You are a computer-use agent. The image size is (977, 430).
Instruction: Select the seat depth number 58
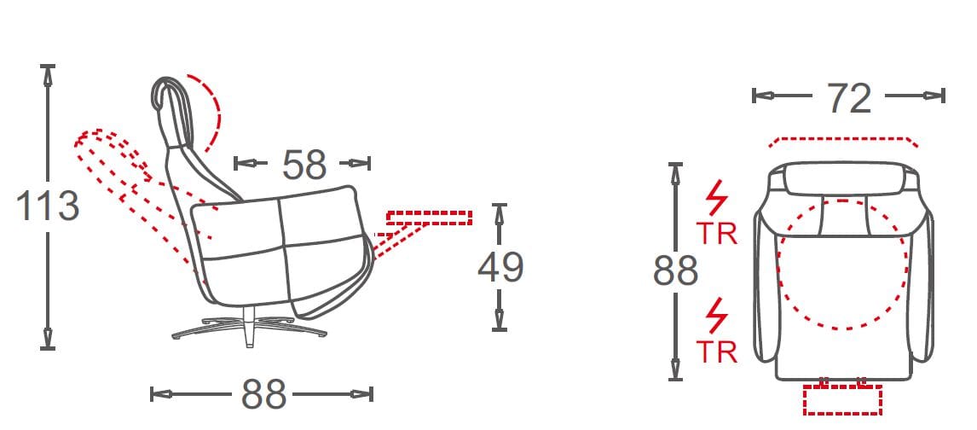point(304,165)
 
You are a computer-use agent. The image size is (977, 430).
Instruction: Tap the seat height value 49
point(500,267)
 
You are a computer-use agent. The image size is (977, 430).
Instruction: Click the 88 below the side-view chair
point(263,394)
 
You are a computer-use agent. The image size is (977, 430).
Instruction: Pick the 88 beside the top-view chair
point(675,271)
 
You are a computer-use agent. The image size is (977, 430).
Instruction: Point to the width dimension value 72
point(848,98)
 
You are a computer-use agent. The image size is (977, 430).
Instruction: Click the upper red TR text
point(716,233)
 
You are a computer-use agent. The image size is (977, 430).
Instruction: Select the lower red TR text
point(716,352)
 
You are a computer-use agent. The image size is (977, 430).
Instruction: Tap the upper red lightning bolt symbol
point(716,198)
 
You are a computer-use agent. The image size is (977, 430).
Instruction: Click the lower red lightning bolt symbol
point(717,317)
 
